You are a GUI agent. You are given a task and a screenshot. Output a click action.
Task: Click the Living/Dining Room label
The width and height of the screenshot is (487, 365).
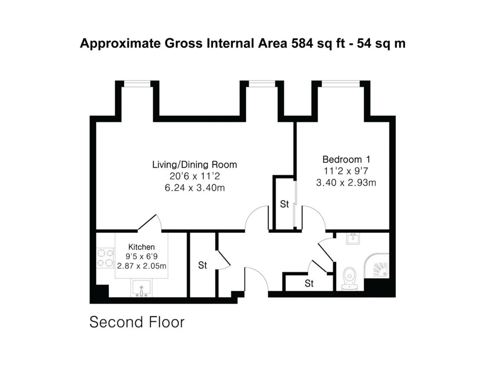click(195, 165)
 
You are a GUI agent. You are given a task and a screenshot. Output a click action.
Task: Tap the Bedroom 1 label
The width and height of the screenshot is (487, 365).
click(346, 159)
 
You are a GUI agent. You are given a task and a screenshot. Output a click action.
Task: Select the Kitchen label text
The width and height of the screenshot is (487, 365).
click(142, 247)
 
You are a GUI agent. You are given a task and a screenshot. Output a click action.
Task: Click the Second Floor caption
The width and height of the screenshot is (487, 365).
click(137, 322)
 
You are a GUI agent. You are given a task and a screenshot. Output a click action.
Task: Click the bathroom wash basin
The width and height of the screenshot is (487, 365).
click(352, 240)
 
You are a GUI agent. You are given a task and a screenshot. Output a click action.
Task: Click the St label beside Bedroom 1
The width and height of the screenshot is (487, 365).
click(284, 205)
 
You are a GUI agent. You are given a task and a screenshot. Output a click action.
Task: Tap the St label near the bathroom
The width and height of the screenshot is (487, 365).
click(310, 284)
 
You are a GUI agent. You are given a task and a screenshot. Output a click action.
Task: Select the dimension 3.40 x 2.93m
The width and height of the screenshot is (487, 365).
click(346, 182)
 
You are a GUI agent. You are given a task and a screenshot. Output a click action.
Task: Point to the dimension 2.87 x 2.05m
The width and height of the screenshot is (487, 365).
click(142, 265)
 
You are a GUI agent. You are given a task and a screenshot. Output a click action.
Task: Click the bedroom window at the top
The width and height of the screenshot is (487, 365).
click(341, 84)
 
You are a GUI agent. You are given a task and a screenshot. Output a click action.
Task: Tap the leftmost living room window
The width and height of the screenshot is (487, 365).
click(137, 84)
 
